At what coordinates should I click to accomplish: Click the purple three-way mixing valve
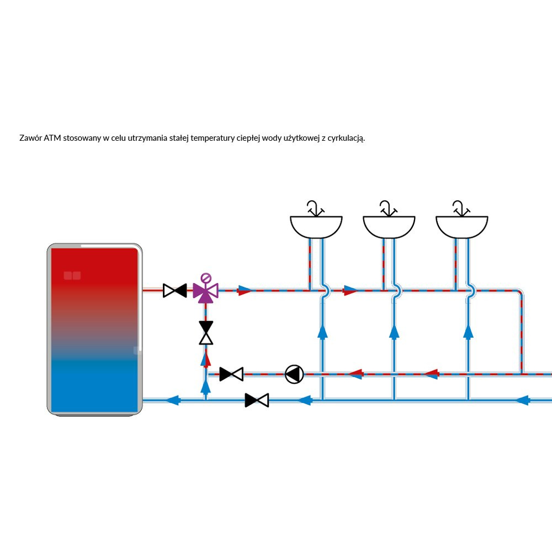(205, 291)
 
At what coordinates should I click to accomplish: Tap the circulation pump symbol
(294, 374)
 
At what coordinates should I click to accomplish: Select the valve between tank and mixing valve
(175, 290)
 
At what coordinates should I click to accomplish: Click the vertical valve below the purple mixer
(206, 333)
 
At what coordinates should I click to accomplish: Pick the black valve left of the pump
(231, 374)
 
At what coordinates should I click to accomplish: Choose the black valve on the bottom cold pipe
(257, 400)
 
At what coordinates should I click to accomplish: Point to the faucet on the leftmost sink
(315, 209)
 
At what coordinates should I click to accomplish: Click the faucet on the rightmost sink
(460, 209)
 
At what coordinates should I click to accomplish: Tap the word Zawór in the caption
(30, 137)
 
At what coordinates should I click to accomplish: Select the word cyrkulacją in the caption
(346, 138)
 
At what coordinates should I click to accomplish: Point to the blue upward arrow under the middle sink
(394, 331)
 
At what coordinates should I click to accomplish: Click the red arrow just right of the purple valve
(245, 290)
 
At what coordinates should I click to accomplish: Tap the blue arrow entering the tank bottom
(173, 400)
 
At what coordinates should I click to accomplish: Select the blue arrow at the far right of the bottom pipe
(522, 400)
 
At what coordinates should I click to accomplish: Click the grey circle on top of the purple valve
(205, 278)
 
